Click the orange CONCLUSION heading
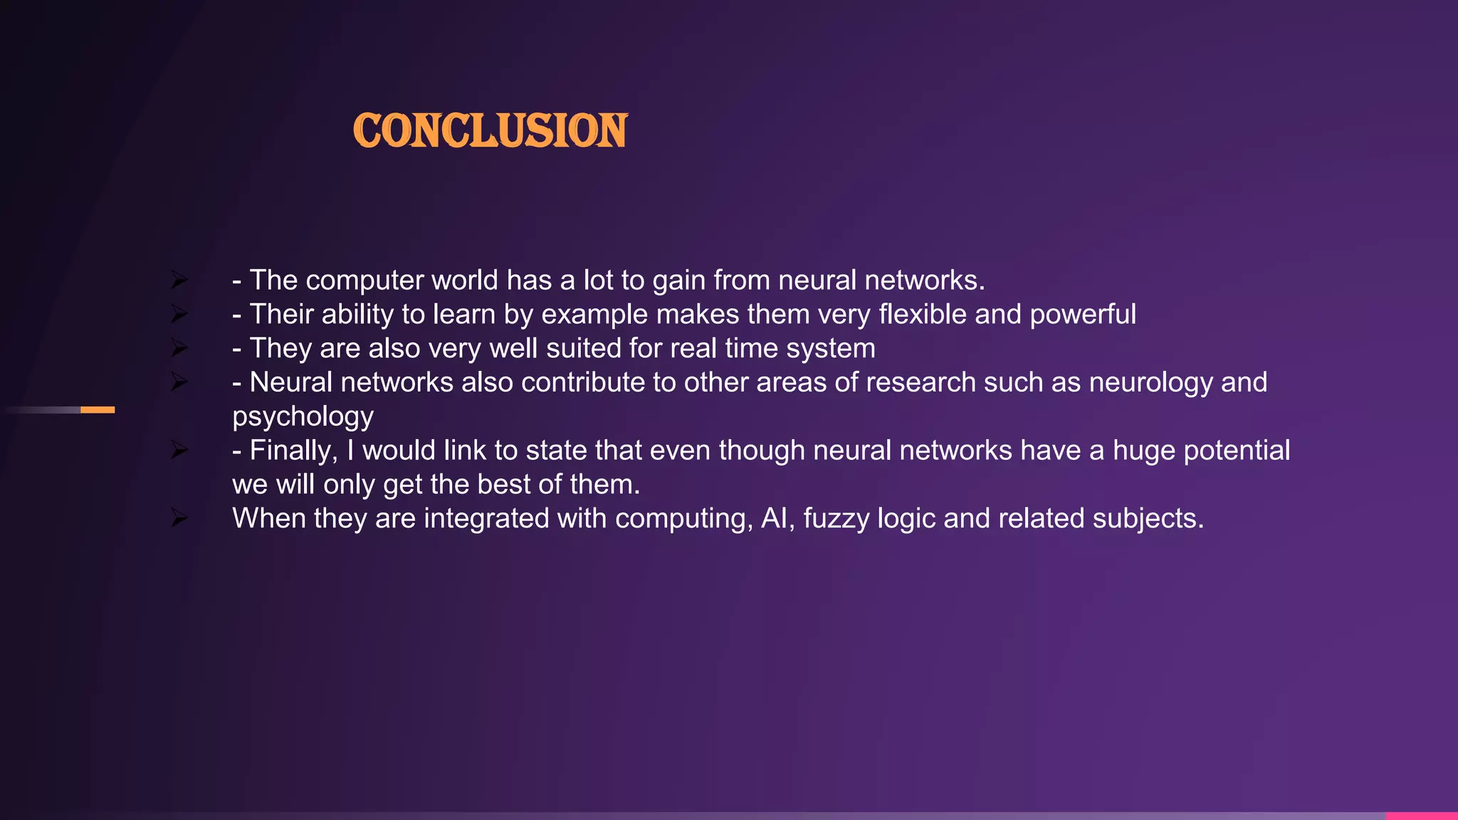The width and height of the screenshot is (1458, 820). pyautogui.click(x=490, y=131)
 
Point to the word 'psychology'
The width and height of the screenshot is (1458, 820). pyautogui.click(x=303, y=417)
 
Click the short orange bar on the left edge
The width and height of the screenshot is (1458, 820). pyautogui.click(x=98, y=410)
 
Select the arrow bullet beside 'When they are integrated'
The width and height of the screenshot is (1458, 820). pyautogui.click(x=179, y=519)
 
